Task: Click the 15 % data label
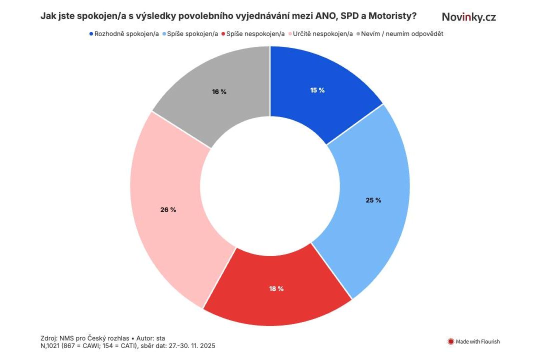317,90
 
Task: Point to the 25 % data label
373,200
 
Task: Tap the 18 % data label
276,288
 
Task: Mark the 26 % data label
168,210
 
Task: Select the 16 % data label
219,92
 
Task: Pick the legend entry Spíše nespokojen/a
255,34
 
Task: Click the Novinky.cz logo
469,17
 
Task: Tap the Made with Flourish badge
473,342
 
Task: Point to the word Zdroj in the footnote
49,338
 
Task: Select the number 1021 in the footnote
54,345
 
